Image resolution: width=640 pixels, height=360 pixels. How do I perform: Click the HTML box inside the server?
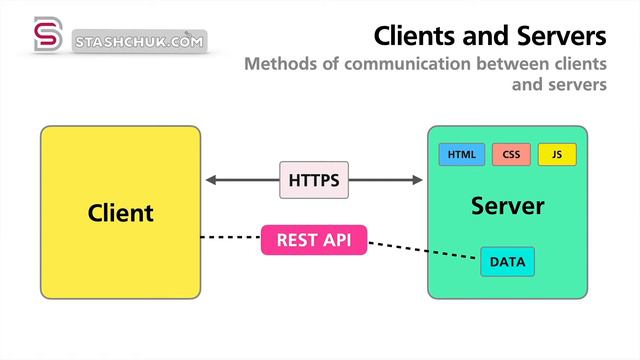[461, 155]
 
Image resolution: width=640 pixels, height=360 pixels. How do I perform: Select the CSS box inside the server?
[510, 155]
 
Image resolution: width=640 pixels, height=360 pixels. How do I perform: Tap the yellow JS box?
[557, 155]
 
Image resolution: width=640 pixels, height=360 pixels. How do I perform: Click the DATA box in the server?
[507, 262]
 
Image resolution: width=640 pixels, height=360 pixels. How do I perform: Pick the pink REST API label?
[314, 240]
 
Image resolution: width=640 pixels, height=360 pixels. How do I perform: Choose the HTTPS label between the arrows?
[314, 181]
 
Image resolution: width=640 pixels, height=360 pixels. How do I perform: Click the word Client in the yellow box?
[120, 212]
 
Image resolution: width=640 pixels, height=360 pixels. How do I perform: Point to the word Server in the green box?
[507, 207]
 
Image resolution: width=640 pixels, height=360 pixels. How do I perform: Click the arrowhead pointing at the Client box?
[212, 181]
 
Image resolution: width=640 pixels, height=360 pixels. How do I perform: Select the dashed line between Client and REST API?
[230, 238]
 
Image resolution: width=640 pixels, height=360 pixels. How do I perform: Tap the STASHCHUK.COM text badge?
[139, 42]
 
